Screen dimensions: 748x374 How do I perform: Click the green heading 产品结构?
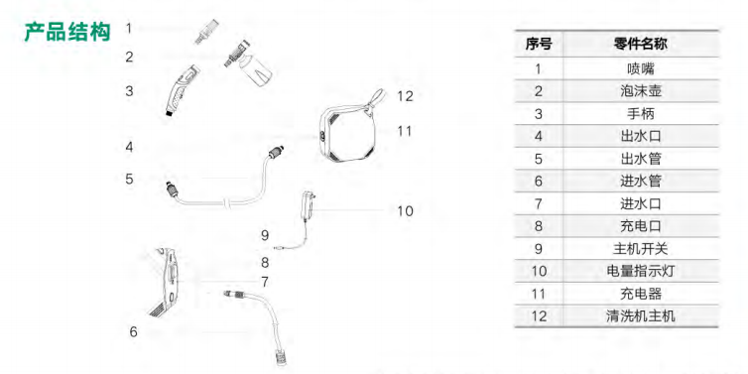[x=67, y=32]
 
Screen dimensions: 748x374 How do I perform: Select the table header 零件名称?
[x=640, y=45]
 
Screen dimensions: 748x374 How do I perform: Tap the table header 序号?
[x=539, y=45]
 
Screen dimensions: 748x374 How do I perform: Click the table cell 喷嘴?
[x=640, y=68]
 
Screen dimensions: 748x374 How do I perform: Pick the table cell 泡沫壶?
[x=640, y=91]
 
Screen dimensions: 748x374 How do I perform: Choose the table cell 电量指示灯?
[x=640, y=271]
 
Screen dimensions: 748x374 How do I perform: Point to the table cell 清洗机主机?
[x=640, y=315]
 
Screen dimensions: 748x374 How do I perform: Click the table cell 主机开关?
[x=640, y=249]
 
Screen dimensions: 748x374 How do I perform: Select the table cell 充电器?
[x=640, y=294]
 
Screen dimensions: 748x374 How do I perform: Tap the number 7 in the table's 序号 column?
[x=539, y=203]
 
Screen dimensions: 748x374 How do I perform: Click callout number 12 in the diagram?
[x=405, y=96]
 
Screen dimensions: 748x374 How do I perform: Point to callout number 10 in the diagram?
[x=405, y=211]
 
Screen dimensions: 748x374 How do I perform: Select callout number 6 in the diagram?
[x=134, y=331]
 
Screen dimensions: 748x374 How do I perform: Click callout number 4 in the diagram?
[x=129, y=147]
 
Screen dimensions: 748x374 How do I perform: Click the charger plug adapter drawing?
[x=307, y=205]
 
